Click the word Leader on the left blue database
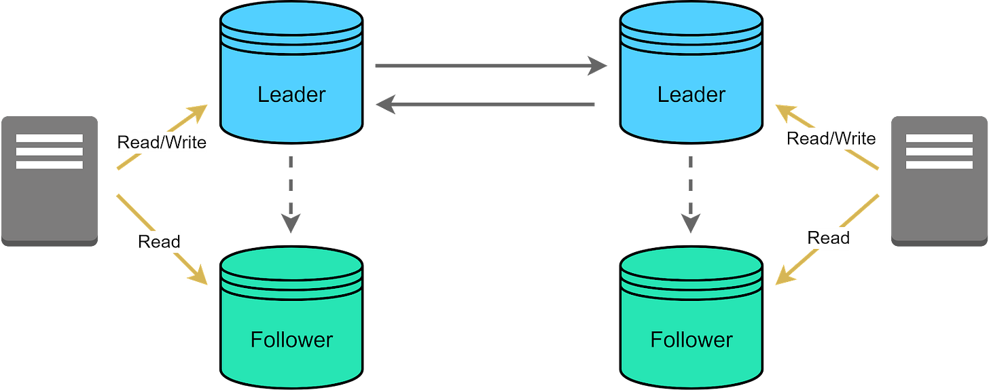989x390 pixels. click(x=291, y=94)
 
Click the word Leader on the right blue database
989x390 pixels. click(x=691, y=94)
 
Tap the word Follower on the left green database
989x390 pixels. click(x=291, y=339)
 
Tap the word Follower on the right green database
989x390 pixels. click(x=691, y=339)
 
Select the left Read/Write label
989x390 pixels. click(x=162, y=143)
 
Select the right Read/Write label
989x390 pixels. click(x=831, y=139)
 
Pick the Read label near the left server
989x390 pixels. click(x=159, y=241)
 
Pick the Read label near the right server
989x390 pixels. click(x=828, y=238)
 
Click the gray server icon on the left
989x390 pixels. click(x=50, y=180)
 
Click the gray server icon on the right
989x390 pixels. click(x=939, y=180)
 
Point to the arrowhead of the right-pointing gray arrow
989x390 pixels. click(x=598, y=65)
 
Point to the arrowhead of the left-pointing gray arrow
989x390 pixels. click(x=384, y=105)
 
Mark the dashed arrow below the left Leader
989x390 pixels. click(x=290, y=194)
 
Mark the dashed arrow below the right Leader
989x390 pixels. click(x=690, y=194)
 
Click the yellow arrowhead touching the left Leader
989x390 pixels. click(x=198, y=110)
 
